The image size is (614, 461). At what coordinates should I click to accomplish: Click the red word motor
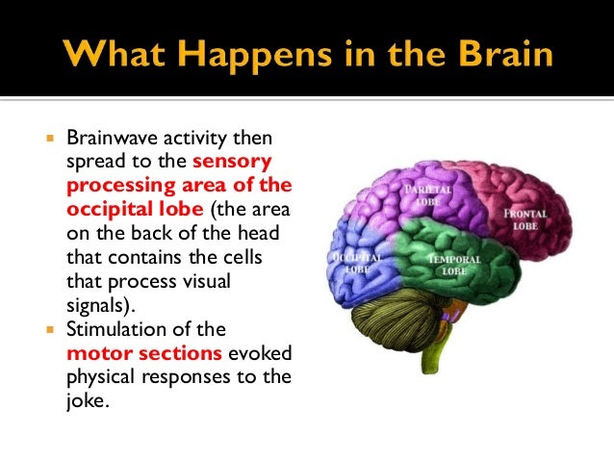coord(94,352)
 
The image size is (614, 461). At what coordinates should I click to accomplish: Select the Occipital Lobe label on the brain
coord(359,265)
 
